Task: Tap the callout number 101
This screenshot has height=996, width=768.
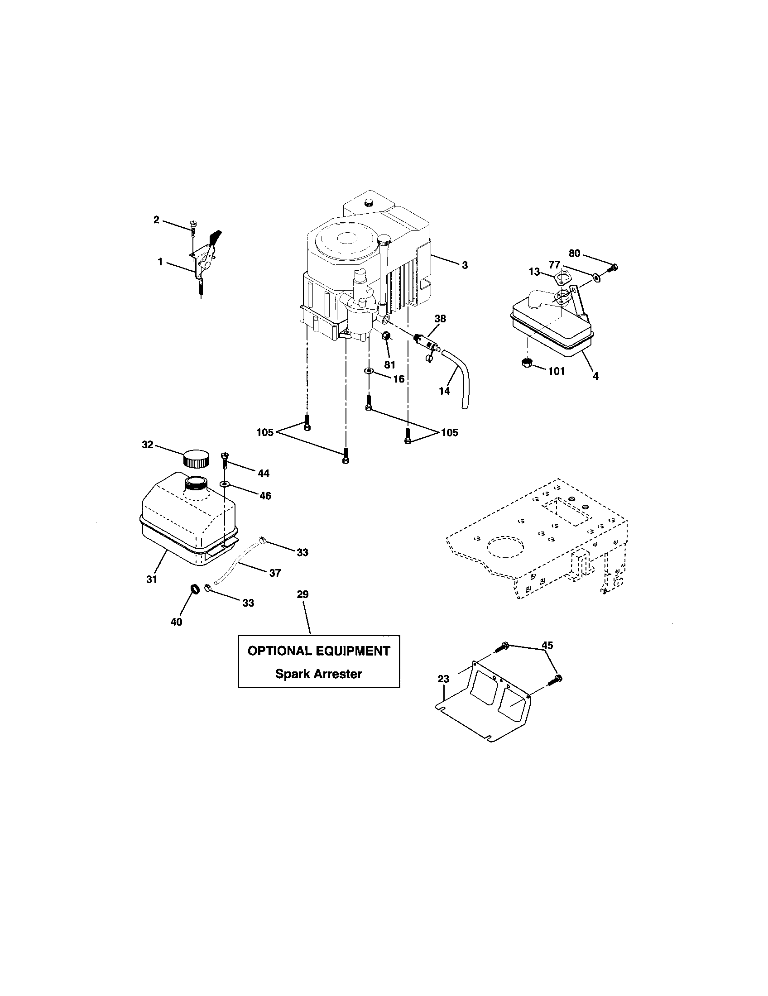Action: (556, 371)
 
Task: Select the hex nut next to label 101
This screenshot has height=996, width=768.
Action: (527, 364)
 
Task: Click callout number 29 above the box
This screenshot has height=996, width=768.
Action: (302, 594)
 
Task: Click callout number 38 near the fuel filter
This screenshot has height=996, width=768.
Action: (440, 319)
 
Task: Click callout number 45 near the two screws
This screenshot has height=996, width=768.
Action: (547, 645)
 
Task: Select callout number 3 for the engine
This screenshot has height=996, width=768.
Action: (464, 265)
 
